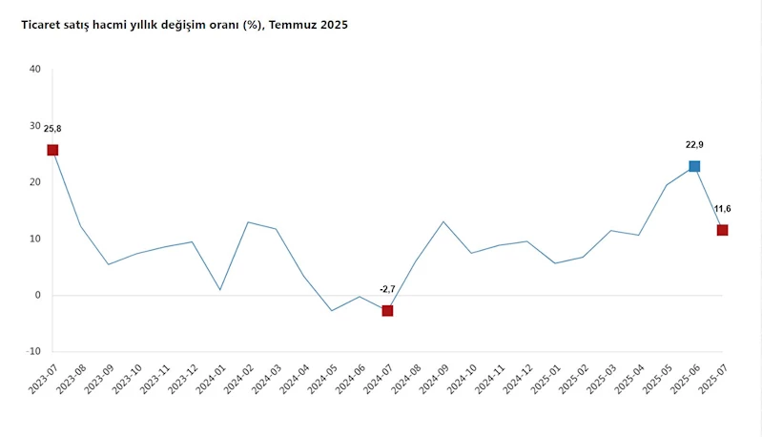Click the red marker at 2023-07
pyautogui.click(x=52, y=150)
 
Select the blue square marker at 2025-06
pyautogui.click(x=694, y=166)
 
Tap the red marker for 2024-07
pyautogui.click(x=387, y=310)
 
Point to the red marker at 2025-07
pyautogui.click(x=722, y=230)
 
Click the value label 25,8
pyautogui.click(x=52, y=128)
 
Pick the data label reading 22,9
pyautogui.click(x=694, y=145)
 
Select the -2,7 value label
pyautogui.click(x=387, y=288)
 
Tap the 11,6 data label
pyautogui.click(x=722, y=209)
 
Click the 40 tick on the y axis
pyautogui.click(x=35, y=69)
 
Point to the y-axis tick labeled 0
pyautogui.click(x=38, y=295)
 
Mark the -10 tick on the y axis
pyautogui.click(x=33, y=351)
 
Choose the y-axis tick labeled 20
pyautogui.click(x=35, y=181)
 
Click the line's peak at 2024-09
pyautogui.click(x=443, y=221)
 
